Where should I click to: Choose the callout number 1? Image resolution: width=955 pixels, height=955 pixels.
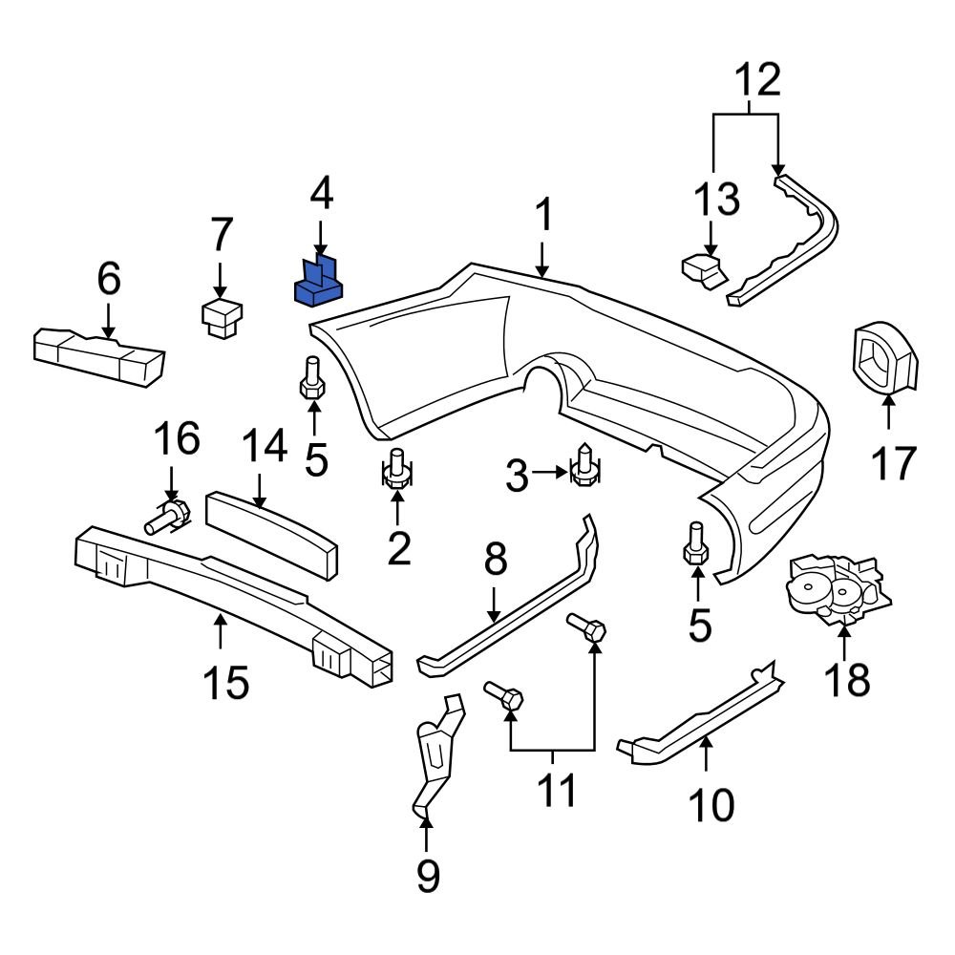(542, 216)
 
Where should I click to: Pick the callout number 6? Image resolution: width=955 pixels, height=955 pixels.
(108, 280)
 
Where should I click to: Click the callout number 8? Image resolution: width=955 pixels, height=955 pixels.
(495, 562)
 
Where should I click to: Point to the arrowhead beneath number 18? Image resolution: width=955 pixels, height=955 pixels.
(845, 628)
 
